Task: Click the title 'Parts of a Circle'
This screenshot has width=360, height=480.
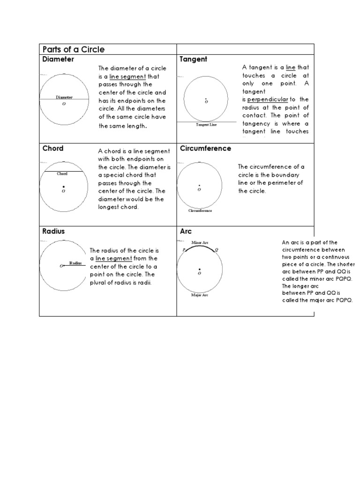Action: [73, 50]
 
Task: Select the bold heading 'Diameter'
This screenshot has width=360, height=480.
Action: [58, 60]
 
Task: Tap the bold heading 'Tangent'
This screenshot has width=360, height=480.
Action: [194, 60]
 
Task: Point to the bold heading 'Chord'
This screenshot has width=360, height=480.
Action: [53, 149]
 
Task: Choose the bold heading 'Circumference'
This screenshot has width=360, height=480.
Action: [205, 149]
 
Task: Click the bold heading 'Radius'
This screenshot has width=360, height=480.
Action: [53, 232]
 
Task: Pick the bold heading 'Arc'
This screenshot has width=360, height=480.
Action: [186, 232]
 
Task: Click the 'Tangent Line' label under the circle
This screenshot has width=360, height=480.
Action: [206, 125]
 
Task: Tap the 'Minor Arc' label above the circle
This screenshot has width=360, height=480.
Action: [200, 243]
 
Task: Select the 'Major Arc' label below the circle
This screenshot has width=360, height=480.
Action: [200, 295]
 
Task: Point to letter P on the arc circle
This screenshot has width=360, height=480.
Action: [184, 250]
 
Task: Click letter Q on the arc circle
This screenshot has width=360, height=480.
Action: [216, 250]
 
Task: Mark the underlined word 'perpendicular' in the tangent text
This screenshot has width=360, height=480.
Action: [268, 100]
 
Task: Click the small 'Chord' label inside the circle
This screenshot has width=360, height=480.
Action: [62, 174]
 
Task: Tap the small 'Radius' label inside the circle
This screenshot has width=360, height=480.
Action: [75, 263]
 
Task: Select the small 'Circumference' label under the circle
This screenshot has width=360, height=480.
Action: [200, 211]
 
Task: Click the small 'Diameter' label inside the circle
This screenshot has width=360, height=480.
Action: [64, 97]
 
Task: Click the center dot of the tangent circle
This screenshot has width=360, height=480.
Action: [206, 98]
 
